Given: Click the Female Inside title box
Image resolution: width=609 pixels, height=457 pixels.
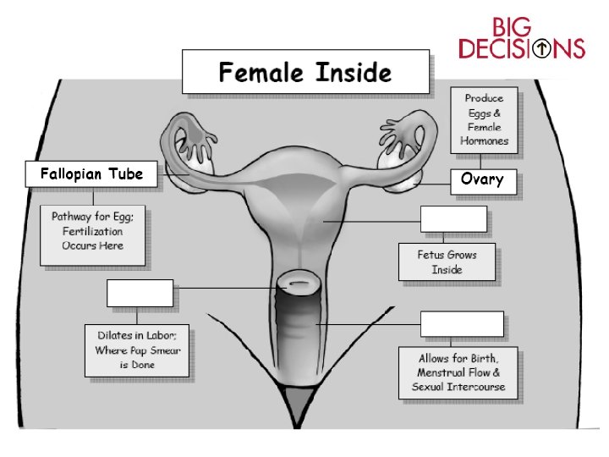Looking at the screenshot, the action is (x=304, y=72).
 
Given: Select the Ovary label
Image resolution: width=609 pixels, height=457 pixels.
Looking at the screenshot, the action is (x=482, y=179).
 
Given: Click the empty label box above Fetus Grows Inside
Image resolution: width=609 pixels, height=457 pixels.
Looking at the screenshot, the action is (x=453, y=218).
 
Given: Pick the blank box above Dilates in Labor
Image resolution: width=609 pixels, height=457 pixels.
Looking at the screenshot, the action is (x=140, y=293).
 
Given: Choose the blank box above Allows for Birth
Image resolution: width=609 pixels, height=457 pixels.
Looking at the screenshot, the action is (x=462, y=323).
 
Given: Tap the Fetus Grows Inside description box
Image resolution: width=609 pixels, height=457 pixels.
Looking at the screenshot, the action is (x=447, y=262).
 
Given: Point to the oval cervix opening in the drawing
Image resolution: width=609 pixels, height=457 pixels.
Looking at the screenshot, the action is (x=299, y=280).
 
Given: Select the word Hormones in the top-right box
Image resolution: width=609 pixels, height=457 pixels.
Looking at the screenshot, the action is (x=486, y=140).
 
